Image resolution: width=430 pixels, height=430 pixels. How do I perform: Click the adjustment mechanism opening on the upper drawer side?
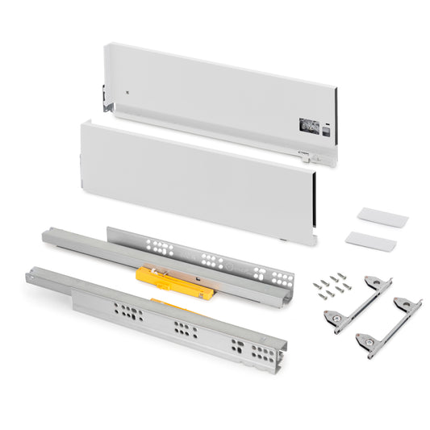(x=308, y=125)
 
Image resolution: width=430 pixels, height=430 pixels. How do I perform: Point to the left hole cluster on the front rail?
(x=130, y=311)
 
